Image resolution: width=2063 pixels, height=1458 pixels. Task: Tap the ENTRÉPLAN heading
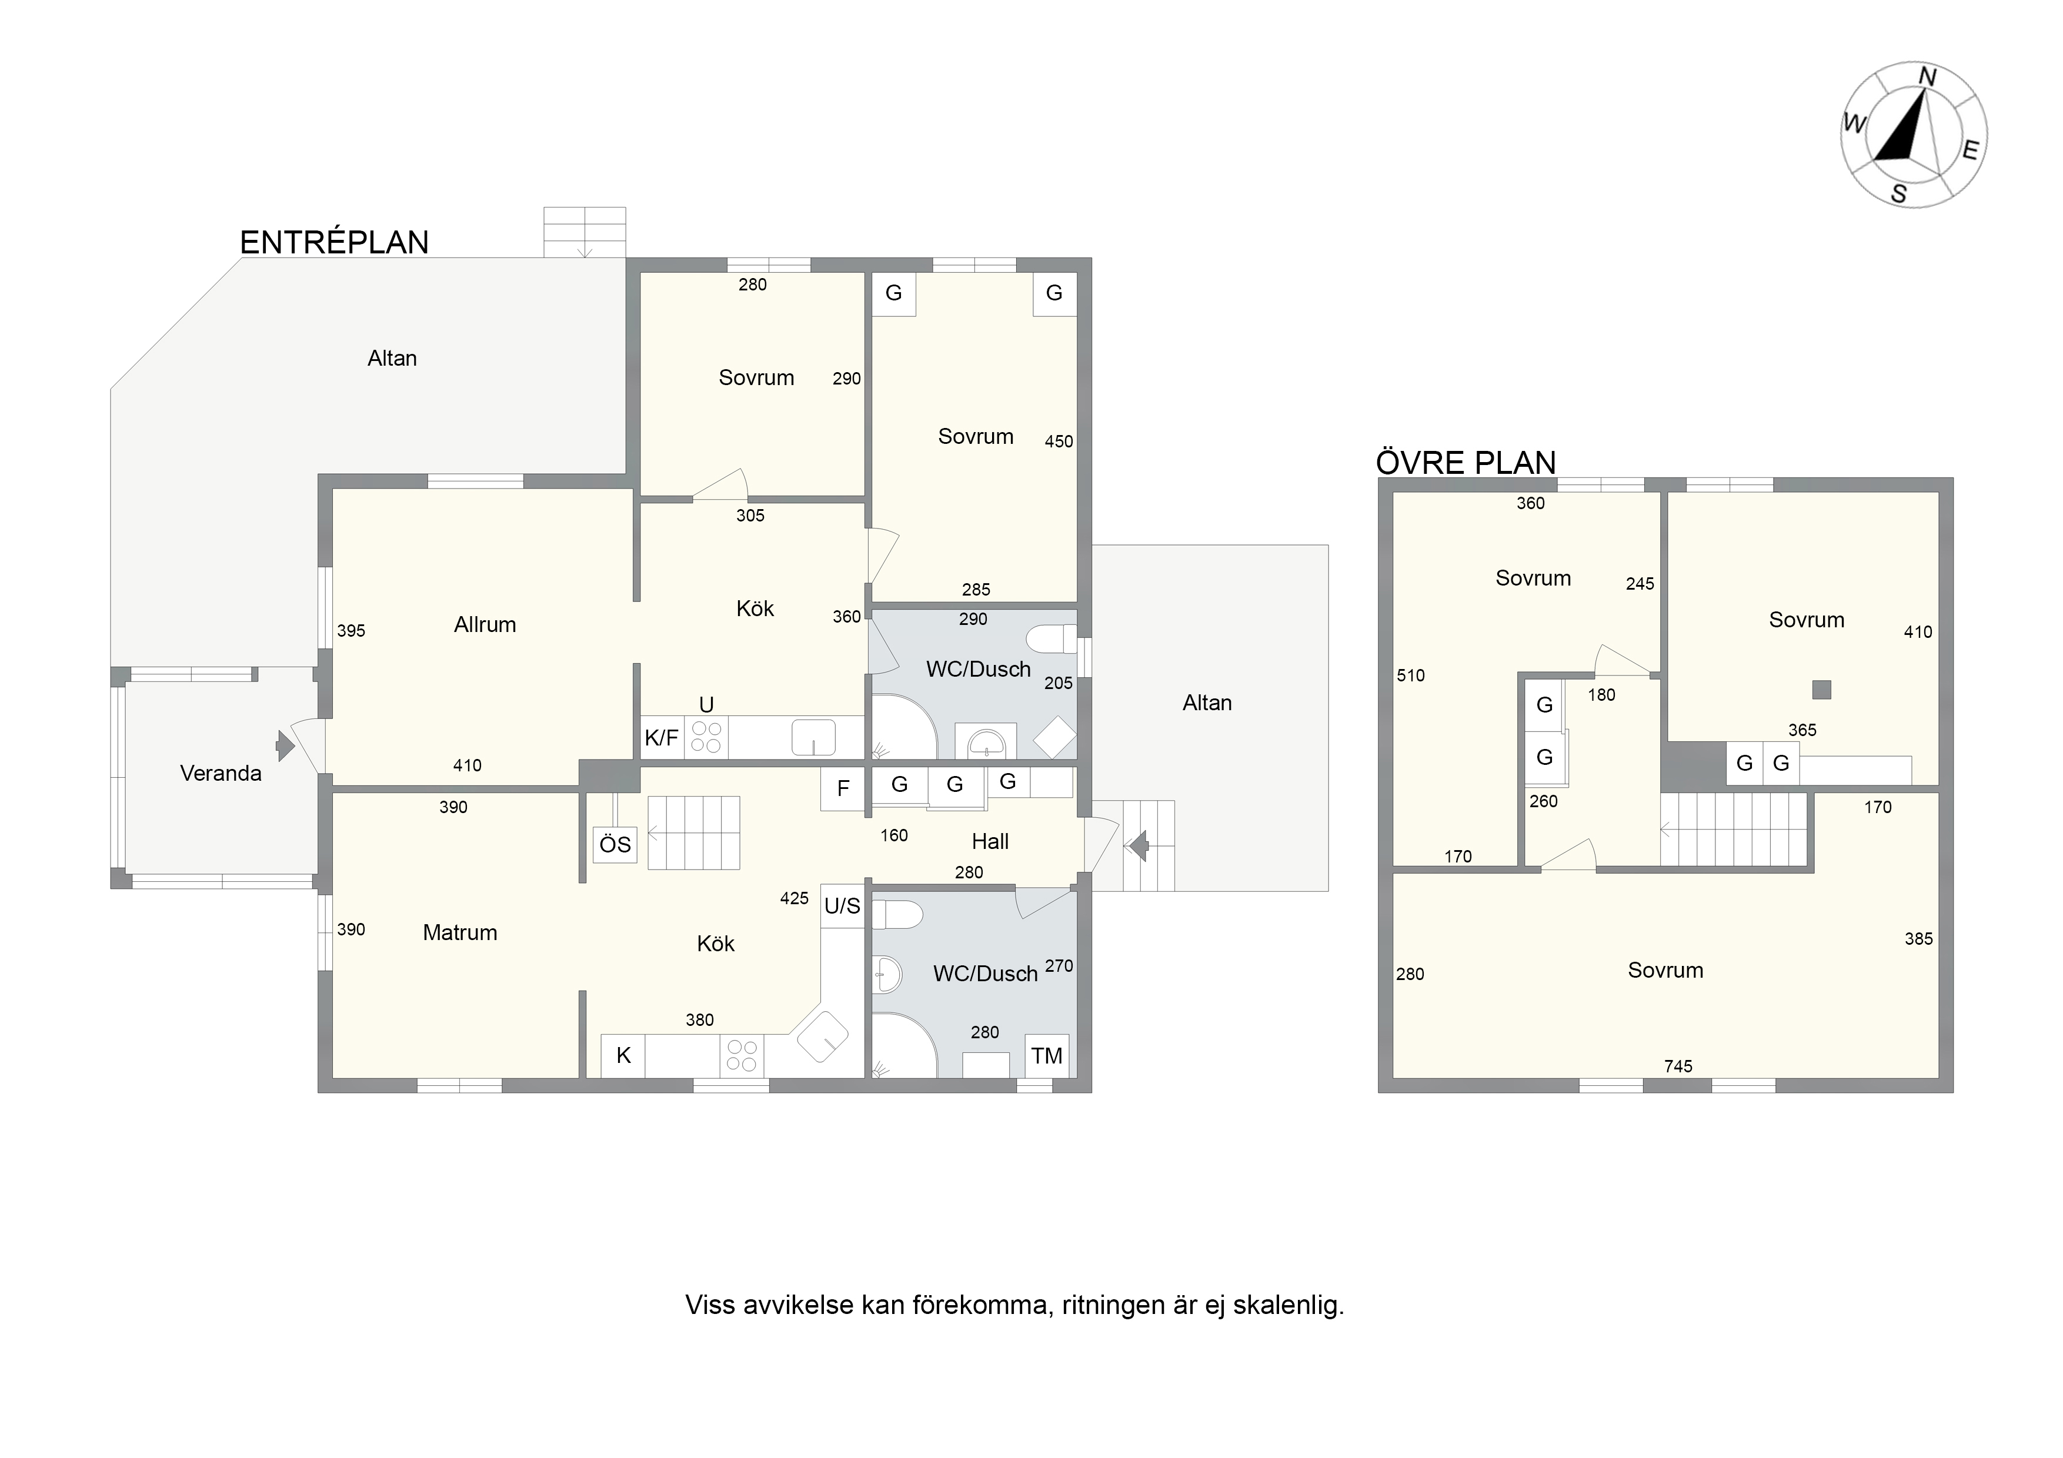tap(334, 243)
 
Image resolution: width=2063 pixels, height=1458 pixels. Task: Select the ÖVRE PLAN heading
tap(1466, 463)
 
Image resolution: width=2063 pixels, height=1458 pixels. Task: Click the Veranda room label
tap(221, 774)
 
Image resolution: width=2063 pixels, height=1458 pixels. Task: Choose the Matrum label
tap(460, 932)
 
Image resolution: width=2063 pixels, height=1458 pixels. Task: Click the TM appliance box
tap(1047, 1055)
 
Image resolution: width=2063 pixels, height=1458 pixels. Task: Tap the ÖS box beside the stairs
tap(616, 844)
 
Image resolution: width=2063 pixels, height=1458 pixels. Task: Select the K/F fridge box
tap(662, 738)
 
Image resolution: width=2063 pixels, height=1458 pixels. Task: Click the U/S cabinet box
tap(843, 905)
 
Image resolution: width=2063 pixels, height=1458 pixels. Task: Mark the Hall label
tap(990, 842)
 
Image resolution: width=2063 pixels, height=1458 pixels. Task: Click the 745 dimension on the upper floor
tap(1678, 1066)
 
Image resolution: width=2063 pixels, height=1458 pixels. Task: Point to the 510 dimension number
tap(1411, 676)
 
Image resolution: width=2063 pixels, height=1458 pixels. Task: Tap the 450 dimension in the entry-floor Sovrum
tap(1059, 441)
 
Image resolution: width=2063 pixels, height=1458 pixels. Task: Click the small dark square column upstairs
tap(1821, 690)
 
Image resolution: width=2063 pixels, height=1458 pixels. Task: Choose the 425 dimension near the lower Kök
tap(795, 898)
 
